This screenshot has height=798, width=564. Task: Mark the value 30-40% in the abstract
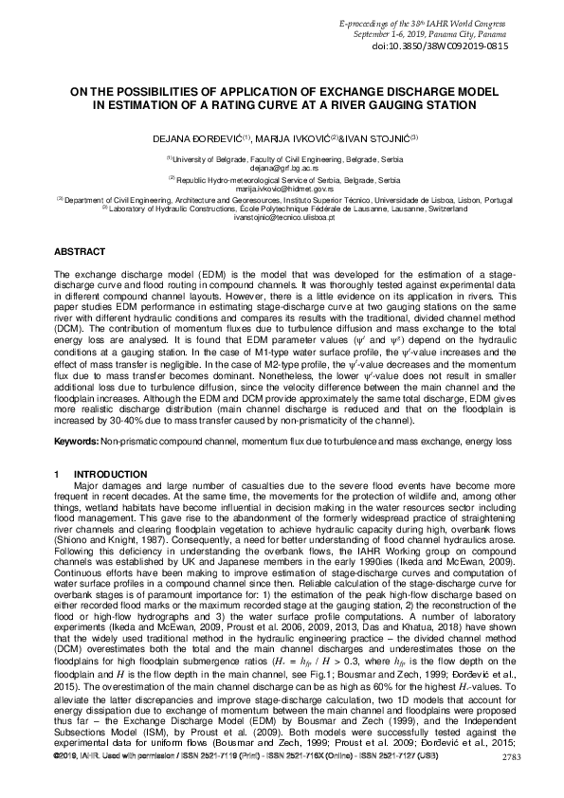coord(152,419)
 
